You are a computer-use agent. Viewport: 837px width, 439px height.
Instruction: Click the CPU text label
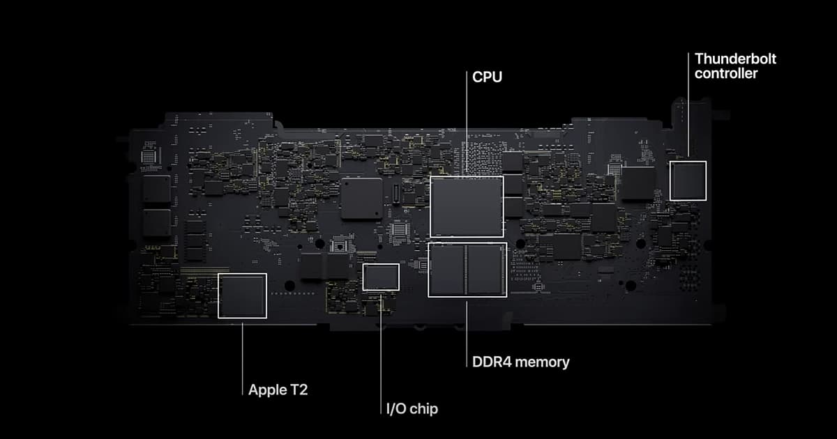[x=487, y=77]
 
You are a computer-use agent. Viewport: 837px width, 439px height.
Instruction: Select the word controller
[x=726, y=73]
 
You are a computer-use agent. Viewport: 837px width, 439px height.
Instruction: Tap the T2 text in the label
[x=298, y=390]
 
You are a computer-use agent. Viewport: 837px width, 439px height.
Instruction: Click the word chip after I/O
[x=425, y=409]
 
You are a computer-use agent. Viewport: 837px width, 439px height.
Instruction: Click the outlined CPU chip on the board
[x=467, y=206]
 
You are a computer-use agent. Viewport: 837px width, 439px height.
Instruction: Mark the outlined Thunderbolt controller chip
[x=688, y=180]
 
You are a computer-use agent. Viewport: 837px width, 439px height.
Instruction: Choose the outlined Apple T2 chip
[x=242, y=295]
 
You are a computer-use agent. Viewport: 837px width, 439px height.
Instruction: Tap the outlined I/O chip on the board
[x=381, y=277]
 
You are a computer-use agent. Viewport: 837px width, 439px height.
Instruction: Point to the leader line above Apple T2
[x=242, y=355]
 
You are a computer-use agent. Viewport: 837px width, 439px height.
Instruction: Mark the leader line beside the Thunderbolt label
[x=688, y=105]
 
